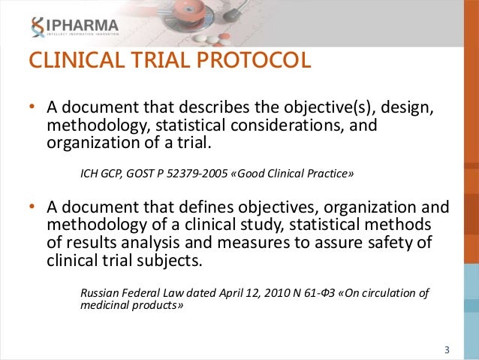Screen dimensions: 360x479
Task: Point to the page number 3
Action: [x=447, y=350]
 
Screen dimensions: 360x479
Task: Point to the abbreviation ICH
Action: [x=91, y=174]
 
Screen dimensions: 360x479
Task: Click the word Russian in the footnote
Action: [x=101, y=292]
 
